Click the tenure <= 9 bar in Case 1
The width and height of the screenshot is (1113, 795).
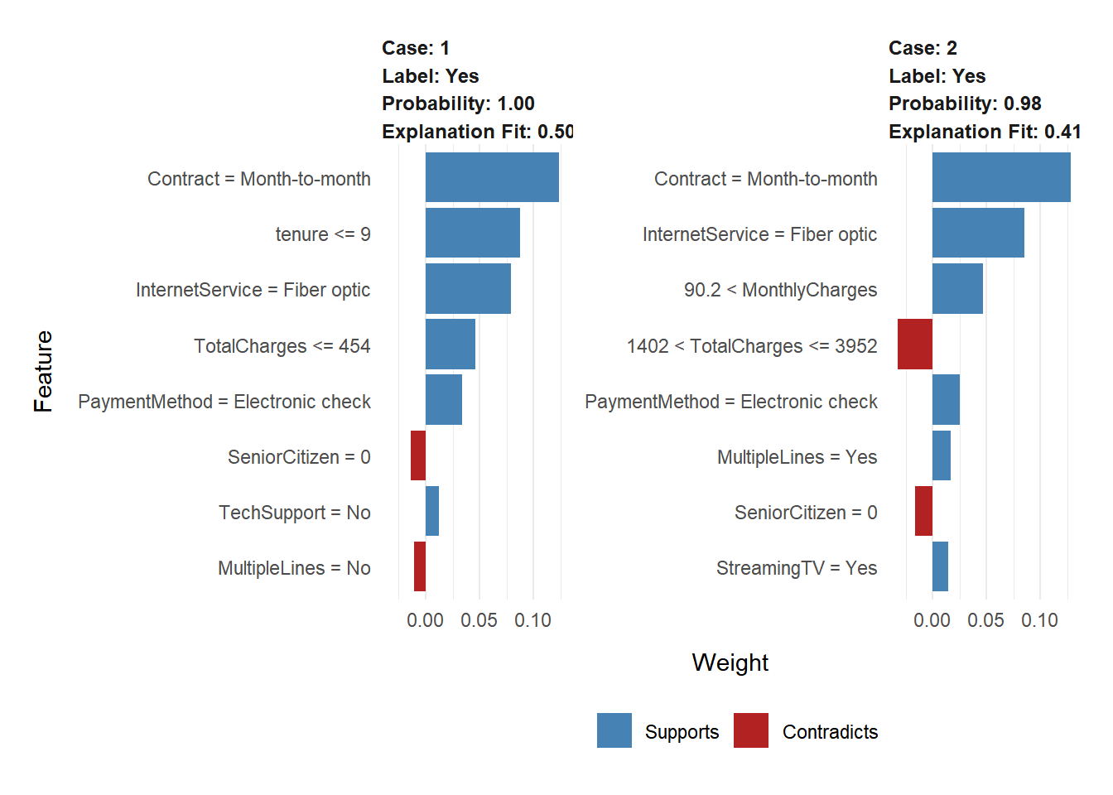point(472,233)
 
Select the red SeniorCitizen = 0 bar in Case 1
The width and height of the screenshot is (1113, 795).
point(418,455)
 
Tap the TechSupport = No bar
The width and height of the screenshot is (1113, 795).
point(432,511)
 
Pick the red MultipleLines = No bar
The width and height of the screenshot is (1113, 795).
point(420,566)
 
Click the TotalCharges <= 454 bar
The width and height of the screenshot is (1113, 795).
point(450,344)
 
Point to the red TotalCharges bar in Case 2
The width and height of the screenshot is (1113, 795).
point(915,344)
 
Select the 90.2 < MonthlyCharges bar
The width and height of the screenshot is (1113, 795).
point(957,288)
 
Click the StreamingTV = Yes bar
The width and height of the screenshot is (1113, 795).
point(940,566)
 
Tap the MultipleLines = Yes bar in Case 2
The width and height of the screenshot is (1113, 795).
point(942,455)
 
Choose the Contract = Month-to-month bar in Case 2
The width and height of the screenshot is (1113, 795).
point(1001,177)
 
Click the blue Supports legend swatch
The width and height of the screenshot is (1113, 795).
point(614,730)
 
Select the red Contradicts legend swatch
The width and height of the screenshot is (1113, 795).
point(751,730)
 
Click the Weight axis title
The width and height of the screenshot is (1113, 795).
point(730,662)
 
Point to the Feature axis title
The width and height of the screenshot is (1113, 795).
point(43,371)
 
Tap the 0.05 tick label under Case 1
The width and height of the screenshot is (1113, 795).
point(479,620)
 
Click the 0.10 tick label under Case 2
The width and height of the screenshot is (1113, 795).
point(1039,620)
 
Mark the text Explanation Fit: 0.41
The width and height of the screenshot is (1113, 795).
point(985,132)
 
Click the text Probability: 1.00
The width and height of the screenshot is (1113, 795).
point(458,104)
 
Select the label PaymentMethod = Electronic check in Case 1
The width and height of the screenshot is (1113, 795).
point(224,402)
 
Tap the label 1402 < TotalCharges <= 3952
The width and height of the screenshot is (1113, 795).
point(752,346)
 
